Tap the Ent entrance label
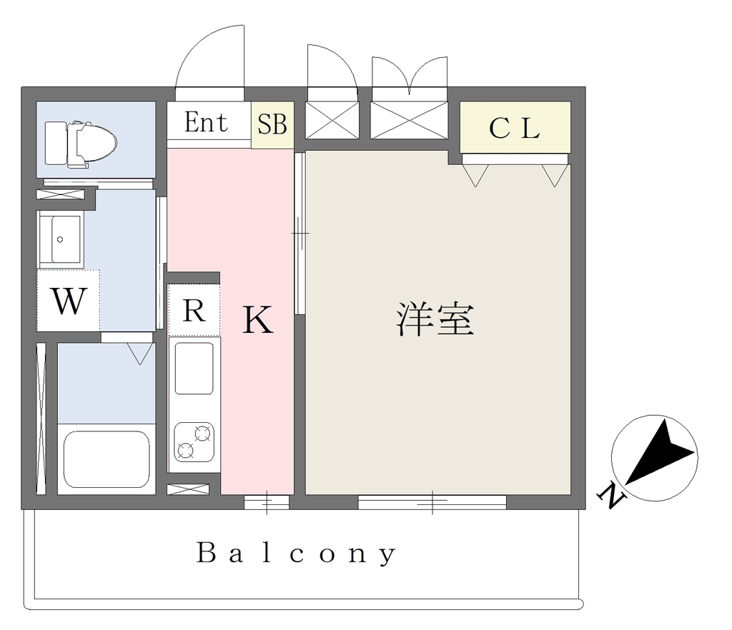click(x=206, y=122)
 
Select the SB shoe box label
click(x=272, y=124)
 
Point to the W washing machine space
click(x=69, y=301)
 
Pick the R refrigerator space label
click(x=194, y=310)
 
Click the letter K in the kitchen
click(x=257, y=320)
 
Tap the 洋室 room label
click(x=435, y=319)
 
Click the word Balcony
click(x=296, y=553)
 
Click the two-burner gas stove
click(x=194, y=441)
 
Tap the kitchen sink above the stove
click(x=194, y=368)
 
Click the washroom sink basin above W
click(x=61, y=237)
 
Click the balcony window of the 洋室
click(x=432, y=502)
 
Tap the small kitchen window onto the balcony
click(x=267, y=502)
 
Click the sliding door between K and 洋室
click(x=300, y=233)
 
